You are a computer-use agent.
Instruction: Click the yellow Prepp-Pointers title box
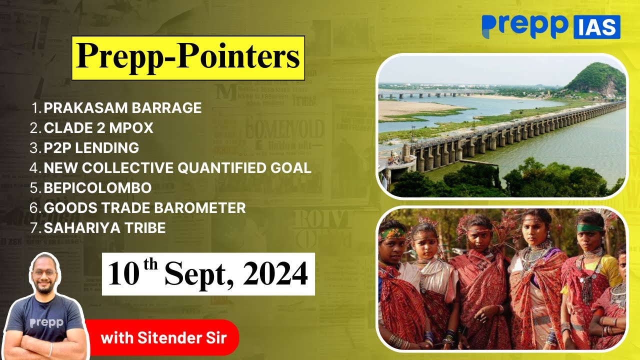[188, 58]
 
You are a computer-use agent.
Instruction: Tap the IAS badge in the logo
[597, 27]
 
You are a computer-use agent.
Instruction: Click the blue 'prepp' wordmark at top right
[525, 26]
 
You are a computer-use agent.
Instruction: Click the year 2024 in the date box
[275, 274]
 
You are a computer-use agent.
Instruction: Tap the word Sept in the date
[195, 275]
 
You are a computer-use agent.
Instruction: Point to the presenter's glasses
[43, 273]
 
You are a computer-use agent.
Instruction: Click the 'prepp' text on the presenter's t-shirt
[46, 323]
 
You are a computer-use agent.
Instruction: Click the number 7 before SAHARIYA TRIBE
[35, 227]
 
